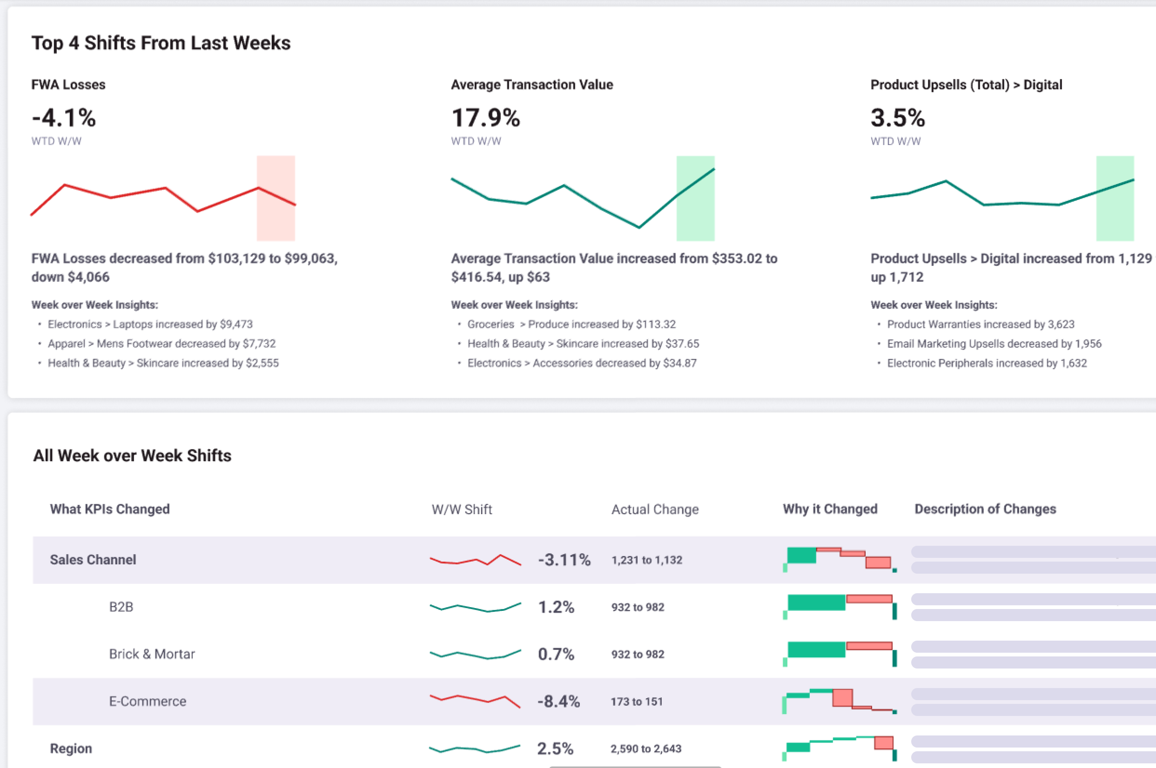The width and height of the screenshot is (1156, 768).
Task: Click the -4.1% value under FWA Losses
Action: (64, 118)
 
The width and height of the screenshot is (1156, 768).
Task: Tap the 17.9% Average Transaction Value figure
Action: (485, 118)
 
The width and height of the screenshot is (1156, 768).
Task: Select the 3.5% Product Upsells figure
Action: (898, 118)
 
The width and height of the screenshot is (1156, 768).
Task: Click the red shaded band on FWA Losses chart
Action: (276, 199)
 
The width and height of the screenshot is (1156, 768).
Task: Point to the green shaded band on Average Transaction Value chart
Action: (696, 199)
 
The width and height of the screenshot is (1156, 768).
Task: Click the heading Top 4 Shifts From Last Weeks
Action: (161, 43)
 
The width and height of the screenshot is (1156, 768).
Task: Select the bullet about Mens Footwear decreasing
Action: (162, 344)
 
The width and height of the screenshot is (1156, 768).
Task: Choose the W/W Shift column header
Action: (462, 510)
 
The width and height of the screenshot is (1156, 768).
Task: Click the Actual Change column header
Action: (655, 510)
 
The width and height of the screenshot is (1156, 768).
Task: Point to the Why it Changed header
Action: (830, 509)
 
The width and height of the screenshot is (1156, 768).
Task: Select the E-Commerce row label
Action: (148, 702)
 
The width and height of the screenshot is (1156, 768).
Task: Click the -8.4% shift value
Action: (559, 702)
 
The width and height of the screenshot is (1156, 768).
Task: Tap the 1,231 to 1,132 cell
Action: (646, 560)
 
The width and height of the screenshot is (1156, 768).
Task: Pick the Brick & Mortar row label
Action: (152, 654)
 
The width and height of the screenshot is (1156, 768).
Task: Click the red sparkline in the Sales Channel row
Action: (475, 560)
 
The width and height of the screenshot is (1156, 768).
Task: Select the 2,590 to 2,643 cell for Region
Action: (645, 748)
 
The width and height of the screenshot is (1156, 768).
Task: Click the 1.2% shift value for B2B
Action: (556, 607)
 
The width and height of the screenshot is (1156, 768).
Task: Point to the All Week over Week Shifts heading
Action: (132, 456)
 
